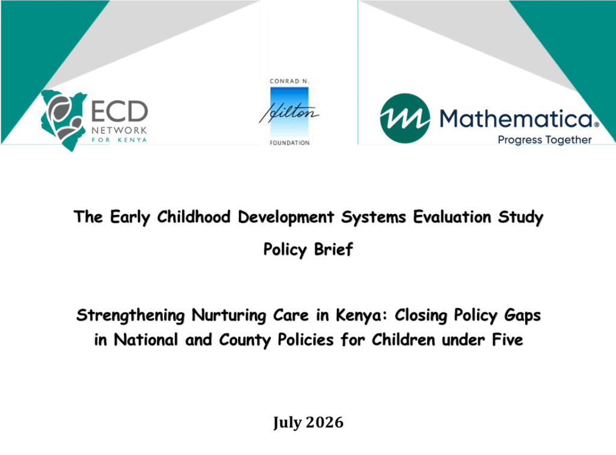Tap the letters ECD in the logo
pyautogui.click(x=120, y=111)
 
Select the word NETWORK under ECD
pyautogui.click(x=120, y=130)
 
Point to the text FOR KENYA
pyautogui.click(x=120, y=140)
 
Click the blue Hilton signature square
pyautogui.click(x=289, y=111)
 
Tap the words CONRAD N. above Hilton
pyautogui.click(x=289, y=81)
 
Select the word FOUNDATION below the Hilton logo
pyautogui.click(x=289, y=143)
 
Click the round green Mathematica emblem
pyautogui.click(x=405, y=119)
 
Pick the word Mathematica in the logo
pyautogui.click(x=516, y=119)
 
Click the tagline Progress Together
pyautogui.click(x=544, y=140)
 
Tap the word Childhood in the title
pyautogui.click(x=194, y=217)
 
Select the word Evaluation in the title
pyautogui.click(x=452, y=217)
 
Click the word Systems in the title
pyautogui.click(x=373, y=218)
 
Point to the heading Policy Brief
pyautogui.click(x=308, y=250)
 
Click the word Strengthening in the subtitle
pyautogui.click(x=131, y=316)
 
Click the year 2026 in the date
pyautogui.click(x=324, y=422)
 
